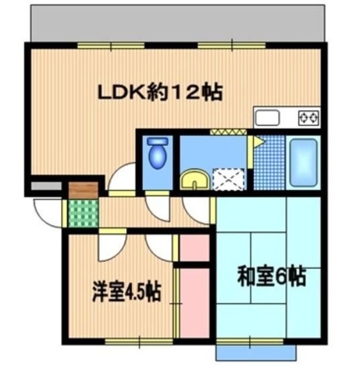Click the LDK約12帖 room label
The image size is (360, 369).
coord(158,92)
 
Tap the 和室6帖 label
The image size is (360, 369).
coord(271,277)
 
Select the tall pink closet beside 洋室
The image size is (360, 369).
coord(195,303)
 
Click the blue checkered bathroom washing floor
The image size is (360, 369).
coord(269,162)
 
